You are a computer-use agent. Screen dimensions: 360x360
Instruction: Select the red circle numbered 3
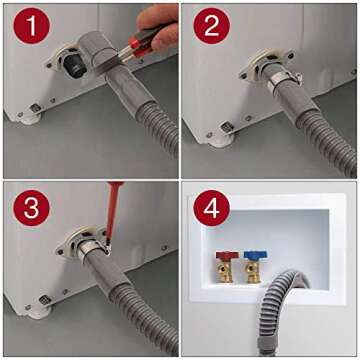[32, 209]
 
